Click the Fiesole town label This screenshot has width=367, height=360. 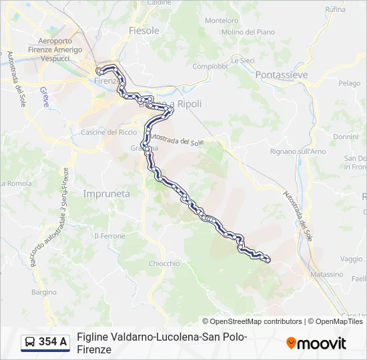click(x=143, y=31)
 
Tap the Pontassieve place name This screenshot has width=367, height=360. click(x=282, y=75)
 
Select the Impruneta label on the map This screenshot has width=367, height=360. click(x=106, y=193)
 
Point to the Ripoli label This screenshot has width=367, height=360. click(x=189, y=104)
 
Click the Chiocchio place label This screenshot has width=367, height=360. click(x=164, y=263)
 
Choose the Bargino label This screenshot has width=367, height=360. click(x=44, y=292)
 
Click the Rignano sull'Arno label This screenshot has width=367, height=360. click(x=298, y=151)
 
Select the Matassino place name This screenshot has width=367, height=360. click(x=326, y=274)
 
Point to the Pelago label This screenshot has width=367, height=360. click(x=349, y=83)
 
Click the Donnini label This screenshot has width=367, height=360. click(x=346, y=137)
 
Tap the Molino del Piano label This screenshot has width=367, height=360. click(x=248, y=32)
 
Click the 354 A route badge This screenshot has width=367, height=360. click(x=45, y=342)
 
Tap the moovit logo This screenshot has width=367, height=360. click(x=316, y=343)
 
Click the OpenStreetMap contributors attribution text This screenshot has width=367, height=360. click(x=256, y=321)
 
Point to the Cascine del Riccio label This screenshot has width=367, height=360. click(x=108, y=132)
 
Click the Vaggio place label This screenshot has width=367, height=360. click(x=351, y=259)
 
